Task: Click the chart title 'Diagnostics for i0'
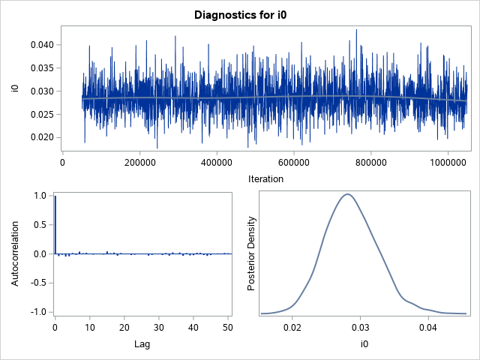coord(239,14)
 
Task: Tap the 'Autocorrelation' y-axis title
coord(14,253)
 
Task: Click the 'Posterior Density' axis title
coord(253,253)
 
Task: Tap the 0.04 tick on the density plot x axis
coord(428,328)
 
